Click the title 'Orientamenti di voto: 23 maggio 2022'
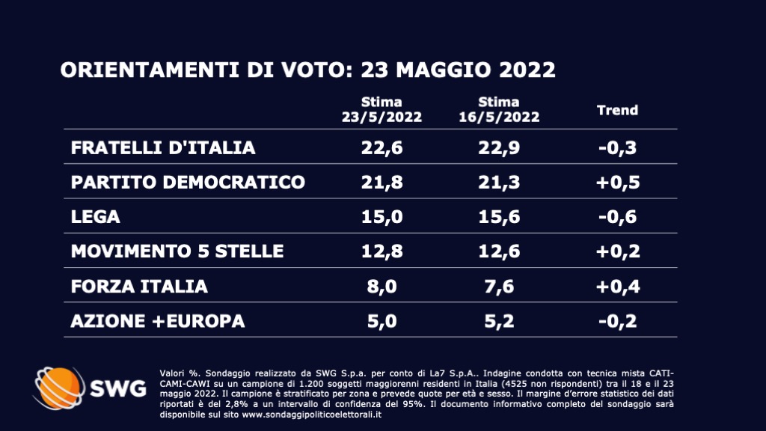click(307, 70)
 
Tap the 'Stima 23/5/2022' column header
click(382, 109)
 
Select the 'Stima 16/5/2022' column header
click(499, 109)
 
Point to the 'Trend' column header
click(617, 110)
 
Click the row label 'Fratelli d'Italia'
click(163, 147)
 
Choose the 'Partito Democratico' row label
click(188, 182)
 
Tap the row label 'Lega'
click(95, 216)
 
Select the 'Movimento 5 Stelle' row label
click(177, 251)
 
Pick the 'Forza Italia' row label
click(139, 286)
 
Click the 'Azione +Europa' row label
click(157, 320)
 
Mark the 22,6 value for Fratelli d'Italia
click(382, 147)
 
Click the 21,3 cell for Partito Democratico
click(499, 182)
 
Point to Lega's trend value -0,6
click(618, 216)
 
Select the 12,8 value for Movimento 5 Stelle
click(382, 251)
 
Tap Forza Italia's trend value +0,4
click(618, 286)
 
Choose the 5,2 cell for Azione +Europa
click(499, 320)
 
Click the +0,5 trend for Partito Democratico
click(618, 182)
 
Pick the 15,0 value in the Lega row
click(382, 216)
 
